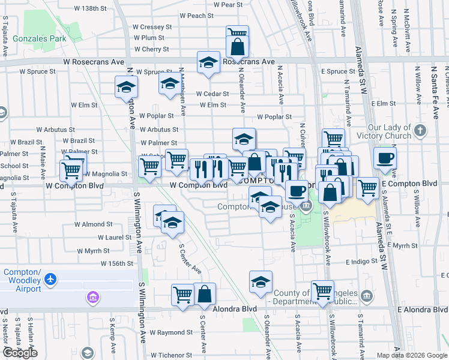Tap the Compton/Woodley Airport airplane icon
point(50,280)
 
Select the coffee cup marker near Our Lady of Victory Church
point(385,158)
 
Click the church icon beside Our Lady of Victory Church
point(420,130)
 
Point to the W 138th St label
point(89,9)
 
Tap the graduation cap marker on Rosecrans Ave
point(208,62)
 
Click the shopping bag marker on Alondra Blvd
point(205,295)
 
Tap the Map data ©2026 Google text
point(411,355)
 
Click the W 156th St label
point(116,263)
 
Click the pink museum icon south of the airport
point(92,298)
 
